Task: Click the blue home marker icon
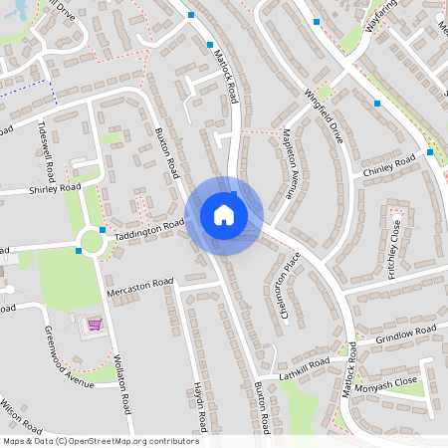click(x=224, y=215)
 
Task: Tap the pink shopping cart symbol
click(x=95, y=325)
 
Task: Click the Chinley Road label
click(x=390, y=167)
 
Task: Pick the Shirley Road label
click(x=54, y=188)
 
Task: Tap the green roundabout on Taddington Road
click(x=93, y=241)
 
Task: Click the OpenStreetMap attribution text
click(x=101, y=440)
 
